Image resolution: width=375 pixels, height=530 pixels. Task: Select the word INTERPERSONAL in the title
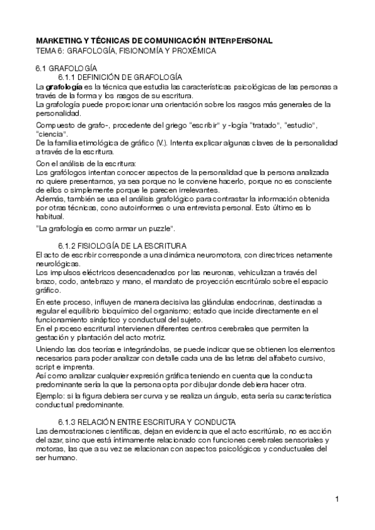tap(240, 40)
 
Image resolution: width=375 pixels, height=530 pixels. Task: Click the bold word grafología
tap(63, 86)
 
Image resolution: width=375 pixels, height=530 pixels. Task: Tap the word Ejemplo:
tap(53, 396)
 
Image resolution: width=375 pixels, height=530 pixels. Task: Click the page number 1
tap(337, 499)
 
